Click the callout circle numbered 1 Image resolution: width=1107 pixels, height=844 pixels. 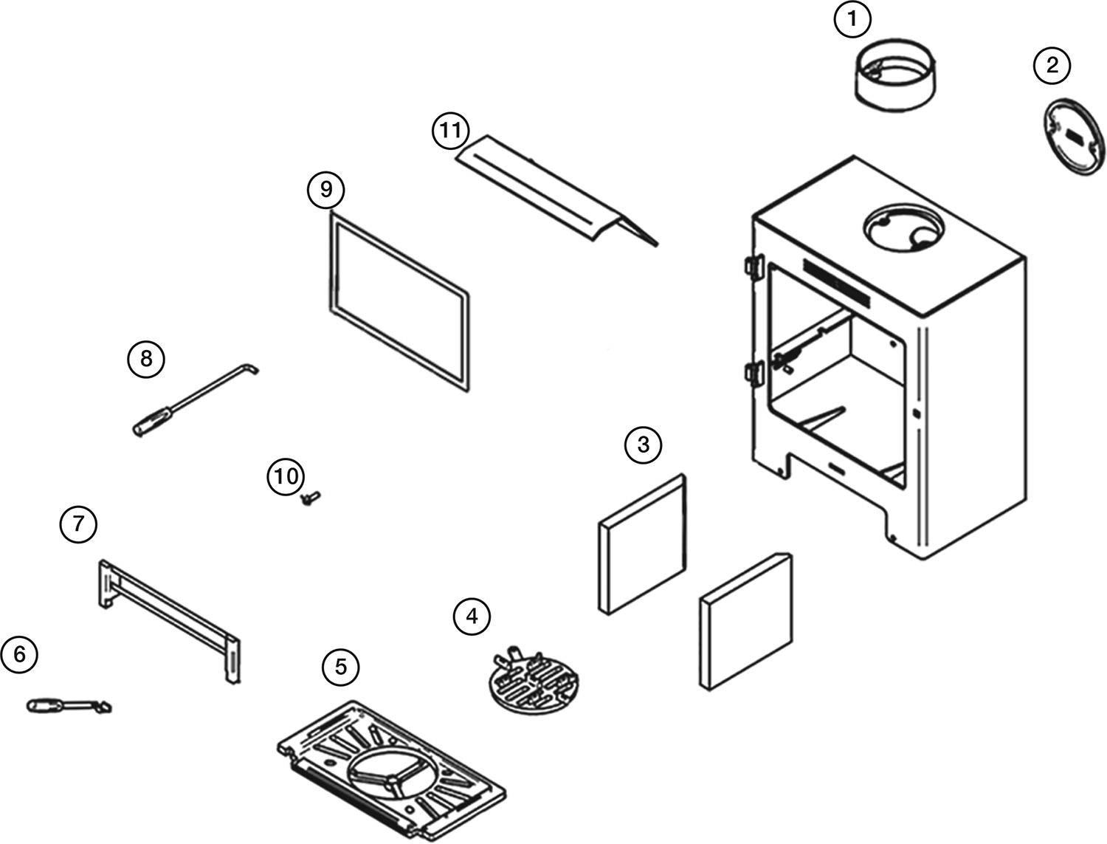click(852, 20)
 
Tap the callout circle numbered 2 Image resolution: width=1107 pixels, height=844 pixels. click(1052, 65)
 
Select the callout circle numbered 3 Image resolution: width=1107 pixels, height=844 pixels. click(643, 445)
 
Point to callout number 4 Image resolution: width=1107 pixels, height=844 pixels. click(472, 616)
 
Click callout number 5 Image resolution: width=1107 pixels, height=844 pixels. click(340, 667)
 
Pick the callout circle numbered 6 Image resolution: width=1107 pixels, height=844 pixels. click(19, 654)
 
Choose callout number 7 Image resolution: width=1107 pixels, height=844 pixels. click(78, 524)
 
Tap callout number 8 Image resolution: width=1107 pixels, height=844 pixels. click(146, 359)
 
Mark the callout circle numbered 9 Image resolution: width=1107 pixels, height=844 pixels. click(326, 190)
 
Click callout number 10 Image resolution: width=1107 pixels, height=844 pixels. click(286, 476)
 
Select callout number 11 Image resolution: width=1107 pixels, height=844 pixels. click(451, 131)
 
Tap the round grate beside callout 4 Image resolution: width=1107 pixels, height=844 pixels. click(536, 682)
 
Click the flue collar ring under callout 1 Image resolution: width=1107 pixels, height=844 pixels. click(895, 79)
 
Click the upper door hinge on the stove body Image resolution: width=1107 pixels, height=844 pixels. click(753, 267)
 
